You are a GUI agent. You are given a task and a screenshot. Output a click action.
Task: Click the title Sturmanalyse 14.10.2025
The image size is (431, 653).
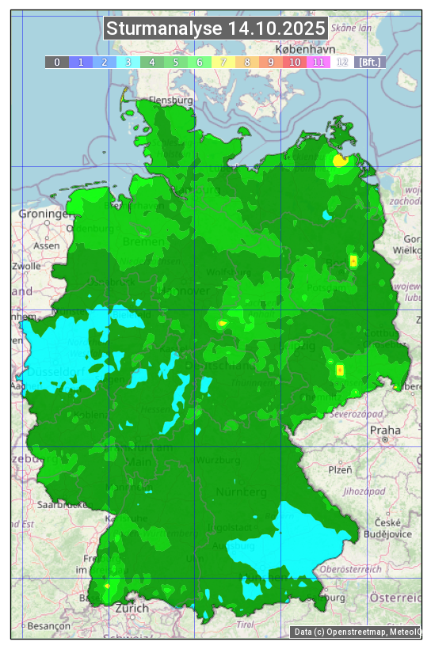pos(215,29)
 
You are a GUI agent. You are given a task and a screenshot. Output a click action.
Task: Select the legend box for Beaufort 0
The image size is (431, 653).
pos(57,62)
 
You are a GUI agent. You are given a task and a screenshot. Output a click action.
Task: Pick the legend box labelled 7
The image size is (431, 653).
pos(223,62)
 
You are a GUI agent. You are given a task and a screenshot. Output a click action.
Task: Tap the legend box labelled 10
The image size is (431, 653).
pos(295,62)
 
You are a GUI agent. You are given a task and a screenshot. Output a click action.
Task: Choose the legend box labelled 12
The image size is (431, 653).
pos(342,62)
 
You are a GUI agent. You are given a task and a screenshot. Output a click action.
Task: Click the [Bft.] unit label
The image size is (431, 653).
pos(369,62)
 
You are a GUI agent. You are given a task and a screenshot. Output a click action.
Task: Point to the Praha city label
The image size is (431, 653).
pos(384,431)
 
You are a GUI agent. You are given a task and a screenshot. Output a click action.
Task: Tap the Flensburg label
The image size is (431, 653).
pos(171,101)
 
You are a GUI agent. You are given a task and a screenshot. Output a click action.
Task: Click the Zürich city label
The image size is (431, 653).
pos(132,608)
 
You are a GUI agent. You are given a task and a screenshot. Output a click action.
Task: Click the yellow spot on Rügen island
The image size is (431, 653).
pos(341,160)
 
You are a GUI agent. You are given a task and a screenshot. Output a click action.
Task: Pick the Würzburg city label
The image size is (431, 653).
pos(217,460)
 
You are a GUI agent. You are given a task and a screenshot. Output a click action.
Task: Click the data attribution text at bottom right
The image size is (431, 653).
pos(357,632)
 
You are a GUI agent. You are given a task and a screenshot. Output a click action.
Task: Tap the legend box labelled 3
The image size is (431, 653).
pos(128,62)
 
